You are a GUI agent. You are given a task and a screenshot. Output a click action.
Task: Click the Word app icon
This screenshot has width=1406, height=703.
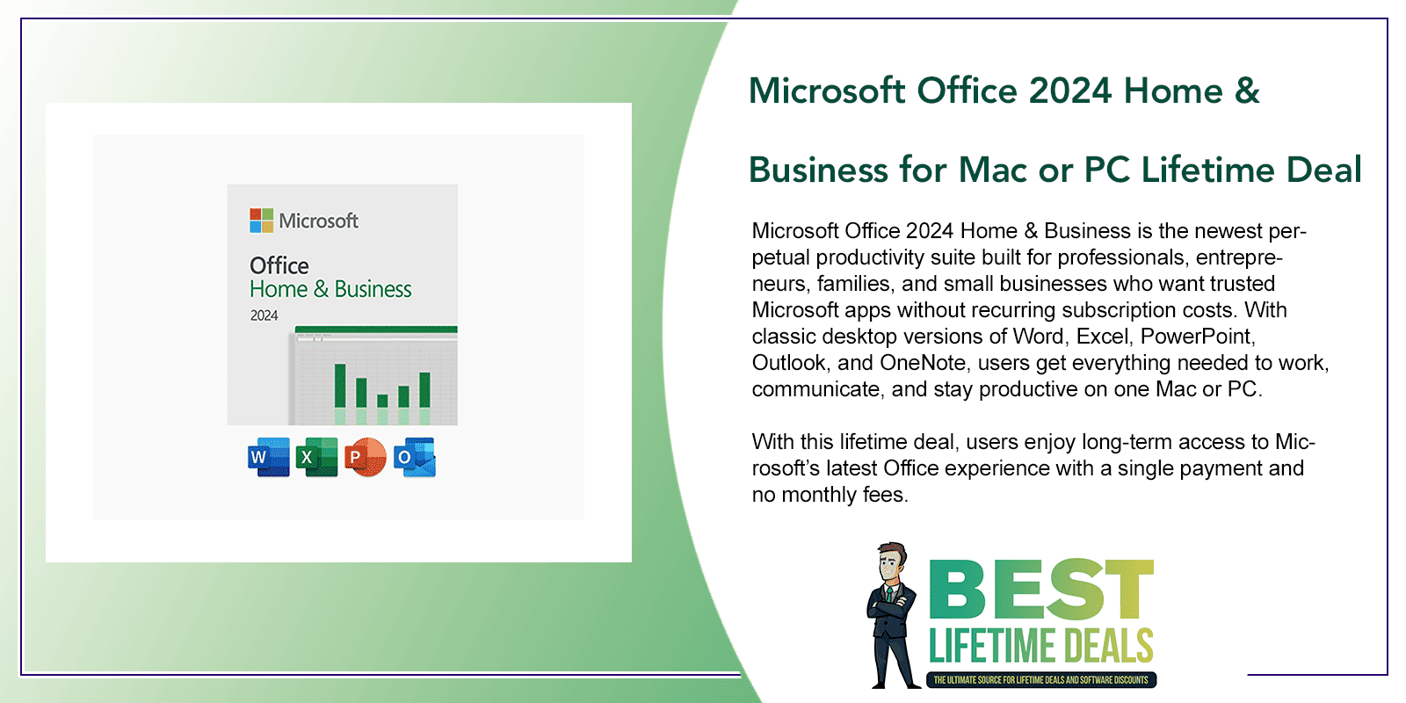pos(268,457)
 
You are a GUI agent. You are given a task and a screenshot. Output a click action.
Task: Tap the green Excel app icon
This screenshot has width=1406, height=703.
pos(316,457)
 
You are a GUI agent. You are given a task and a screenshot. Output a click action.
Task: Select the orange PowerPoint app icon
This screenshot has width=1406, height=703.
pos(365,457)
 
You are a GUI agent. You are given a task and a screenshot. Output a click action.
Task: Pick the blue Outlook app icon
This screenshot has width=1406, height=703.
pos(414,457)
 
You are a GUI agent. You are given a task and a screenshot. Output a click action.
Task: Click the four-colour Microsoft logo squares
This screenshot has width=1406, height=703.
pos(261,220)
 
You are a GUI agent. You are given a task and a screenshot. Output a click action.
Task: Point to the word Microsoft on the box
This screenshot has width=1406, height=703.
pos(318,221)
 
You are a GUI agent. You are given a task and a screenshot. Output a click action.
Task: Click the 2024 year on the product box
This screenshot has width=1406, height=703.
pos(264,315)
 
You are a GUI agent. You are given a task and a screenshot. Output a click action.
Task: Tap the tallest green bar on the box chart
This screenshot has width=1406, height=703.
pos(339,385)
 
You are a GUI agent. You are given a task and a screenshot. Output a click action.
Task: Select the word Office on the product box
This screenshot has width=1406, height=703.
pos(279,265)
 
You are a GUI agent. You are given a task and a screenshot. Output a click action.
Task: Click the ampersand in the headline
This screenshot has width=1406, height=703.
pos(1247,91)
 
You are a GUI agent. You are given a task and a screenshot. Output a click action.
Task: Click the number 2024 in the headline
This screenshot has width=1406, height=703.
pos(1070,91)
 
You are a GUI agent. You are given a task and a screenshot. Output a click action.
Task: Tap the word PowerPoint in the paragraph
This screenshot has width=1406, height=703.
pos(1198,337)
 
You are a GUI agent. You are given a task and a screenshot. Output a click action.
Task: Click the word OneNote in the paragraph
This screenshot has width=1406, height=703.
pos(923,363)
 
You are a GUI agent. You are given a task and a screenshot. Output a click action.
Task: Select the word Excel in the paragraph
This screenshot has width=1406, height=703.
pos(1102,337)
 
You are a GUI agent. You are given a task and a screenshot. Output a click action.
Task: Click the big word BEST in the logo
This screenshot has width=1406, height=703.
pos(1040,590)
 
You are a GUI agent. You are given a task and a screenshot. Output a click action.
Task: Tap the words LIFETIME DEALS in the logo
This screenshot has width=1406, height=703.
pos(1040,647)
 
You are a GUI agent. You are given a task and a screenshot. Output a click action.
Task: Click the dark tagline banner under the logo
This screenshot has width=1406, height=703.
pos(1040,680)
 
